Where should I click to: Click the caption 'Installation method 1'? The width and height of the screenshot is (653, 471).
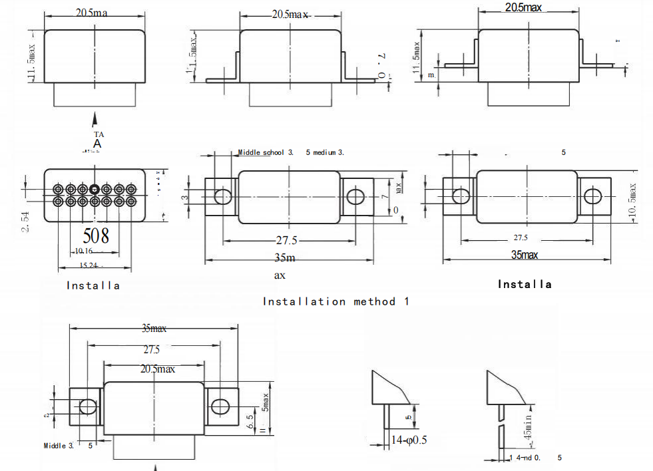(336, 301)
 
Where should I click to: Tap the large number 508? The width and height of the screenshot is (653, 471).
(95, 235)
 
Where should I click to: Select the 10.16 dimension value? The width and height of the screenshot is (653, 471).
(84, 251)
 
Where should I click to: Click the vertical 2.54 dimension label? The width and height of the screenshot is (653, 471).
(25, 222)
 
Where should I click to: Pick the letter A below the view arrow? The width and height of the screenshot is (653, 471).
(97, 144)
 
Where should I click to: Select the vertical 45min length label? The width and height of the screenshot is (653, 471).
(528, 429)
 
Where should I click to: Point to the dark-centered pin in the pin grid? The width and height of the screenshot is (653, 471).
(95, 189)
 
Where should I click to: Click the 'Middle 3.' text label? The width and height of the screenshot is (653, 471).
(59, 445)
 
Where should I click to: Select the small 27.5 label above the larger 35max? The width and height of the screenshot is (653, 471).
(521, 237)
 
